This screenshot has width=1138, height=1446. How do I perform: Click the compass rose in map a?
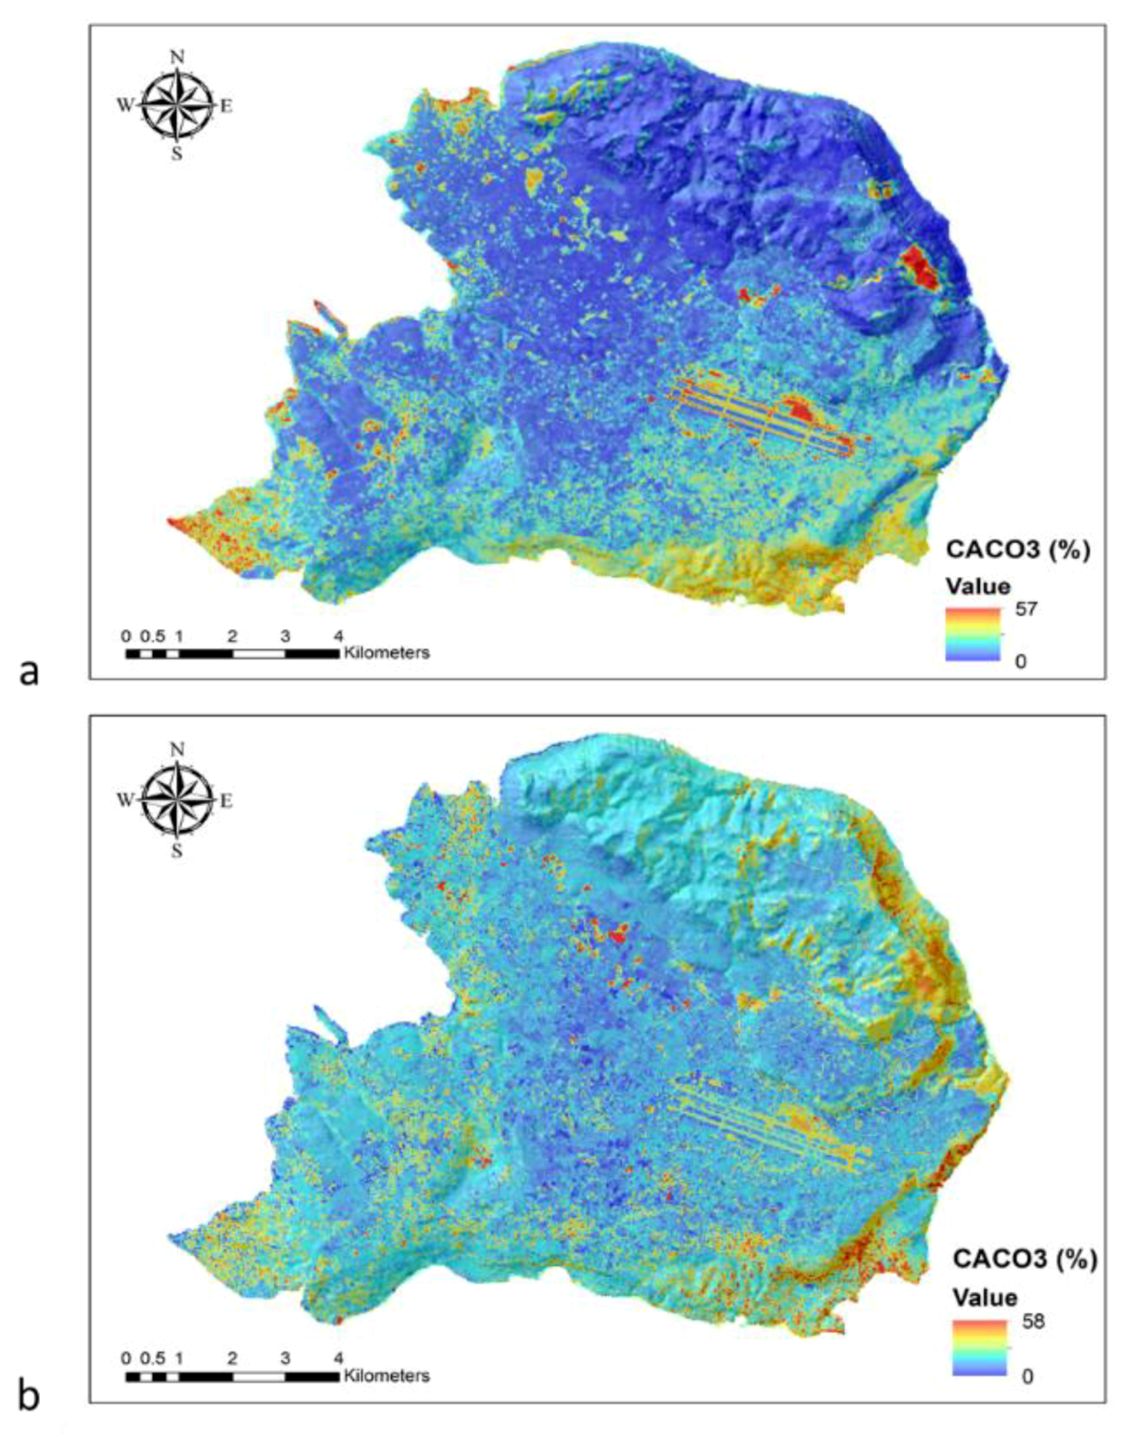click(x=176, y=105)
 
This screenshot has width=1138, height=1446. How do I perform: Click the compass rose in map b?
click(x=176, y=800)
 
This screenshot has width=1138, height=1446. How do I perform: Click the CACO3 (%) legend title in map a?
click(x=1017, y=550)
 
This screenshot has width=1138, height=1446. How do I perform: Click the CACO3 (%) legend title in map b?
click(x=1024, y=1259)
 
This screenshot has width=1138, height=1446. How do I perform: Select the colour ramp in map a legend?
click(x=972, y=634)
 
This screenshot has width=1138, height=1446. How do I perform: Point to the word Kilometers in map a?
click(x=386, y=653)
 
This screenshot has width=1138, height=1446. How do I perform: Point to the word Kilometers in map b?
click(x=386, y=1376)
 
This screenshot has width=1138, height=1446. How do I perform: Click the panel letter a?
click(x=29, y=673)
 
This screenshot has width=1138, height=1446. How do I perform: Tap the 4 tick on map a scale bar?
click(x=338, y=636)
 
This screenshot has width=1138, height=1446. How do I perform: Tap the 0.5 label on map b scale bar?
click(x=152, y=1359)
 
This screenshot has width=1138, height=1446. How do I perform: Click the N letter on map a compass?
click(x=177, y=56)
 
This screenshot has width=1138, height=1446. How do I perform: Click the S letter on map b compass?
click(x=177, y=851)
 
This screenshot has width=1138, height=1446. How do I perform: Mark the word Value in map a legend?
click(x=978, y=587)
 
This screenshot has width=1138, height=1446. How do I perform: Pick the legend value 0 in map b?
click(x=1027, y=1376)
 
